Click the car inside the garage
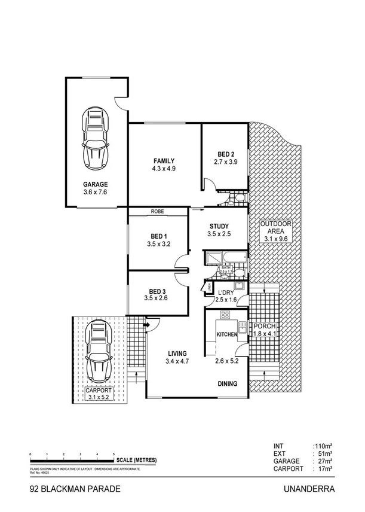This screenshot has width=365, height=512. coord(96,139)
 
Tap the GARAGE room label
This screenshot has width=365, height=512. coord(96,184)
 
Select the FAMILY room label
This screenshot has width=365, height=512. coord(164,160)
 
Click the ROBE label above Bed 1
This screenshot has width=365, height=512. coord(158,211)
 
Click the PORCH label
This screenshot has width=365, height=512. coord(263,326)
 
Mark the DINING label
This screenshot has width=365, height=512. coord(226,384)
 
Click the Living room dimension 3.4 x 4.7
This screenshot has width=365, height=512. coord(177,361)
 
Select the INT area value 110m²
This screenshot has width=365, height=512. coord(323,446)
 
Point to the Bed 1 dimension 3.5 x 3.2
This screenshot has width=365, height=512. coord(158,244)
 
